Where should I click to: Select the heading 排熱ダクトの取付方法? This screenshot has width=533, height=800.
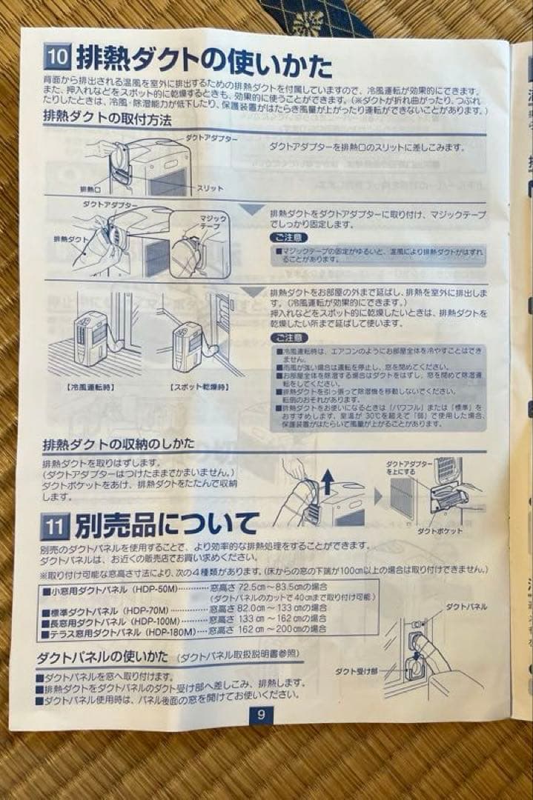point(107,116)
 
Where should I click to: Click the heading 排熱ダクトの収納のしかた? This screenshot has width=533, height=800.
point(119,444)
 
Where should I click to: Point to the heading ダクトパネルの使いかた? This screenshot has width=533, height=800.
point(103,657)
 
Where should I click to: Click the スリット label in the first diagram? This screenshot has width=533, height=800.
point(210,189)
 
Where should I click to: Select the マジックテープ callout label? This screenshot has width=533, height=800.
point(213,222)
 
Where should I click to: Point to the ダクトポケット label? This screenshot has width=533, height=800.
point(440,530)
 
